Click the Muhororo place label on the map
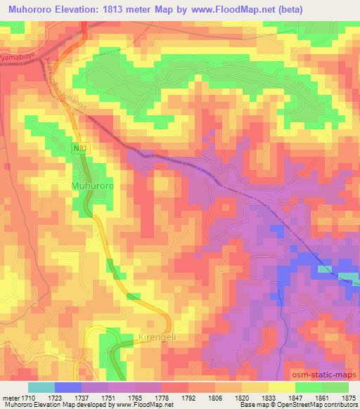tap(92, 186)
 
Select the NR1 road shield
tap(84, 149)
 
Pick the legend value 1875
tap(348, 398)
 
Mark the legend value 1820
tap(241, 398)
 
